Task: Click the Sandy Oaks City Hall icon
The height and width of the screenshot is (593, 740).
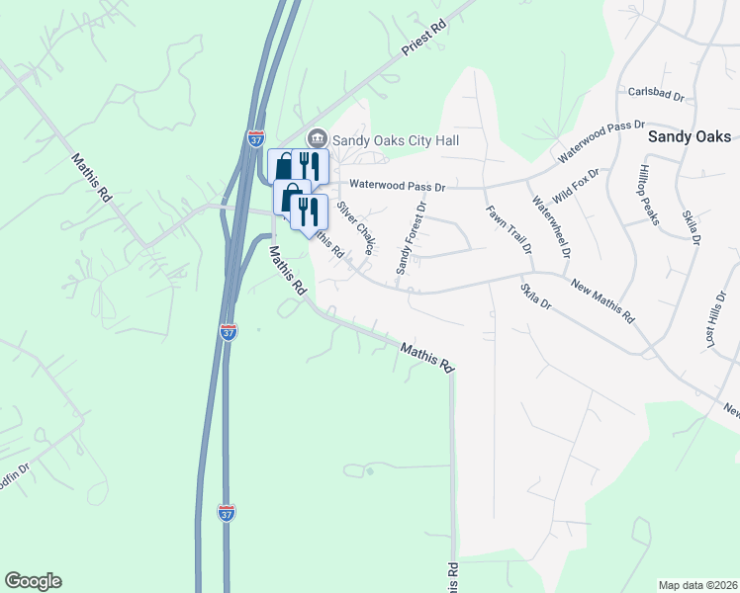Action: [317, 138]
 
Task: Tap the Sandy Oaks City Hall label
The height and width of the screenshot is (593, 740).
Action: [396, 140]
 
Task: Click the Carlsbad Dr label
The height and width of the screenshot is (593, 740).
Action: [656, 93]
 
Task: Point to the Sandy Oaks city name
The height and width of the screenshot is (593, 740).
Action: [689, 137]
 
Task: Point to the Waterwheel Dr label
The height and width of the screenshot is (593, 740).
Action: [551, 227]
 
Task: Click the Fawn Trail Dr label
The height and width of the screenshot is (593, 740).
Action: [509, 229]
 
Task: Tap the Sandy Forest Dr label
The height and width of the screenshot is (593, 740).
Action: [409, 238]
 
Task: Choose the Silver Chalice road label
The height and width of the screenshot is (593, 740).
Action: [354, 228]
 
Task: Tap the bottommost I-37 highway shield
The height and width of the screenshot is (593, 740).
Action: [226, 513]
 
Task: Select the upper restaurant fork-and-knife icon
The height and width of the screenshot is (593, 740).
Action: [310, 165]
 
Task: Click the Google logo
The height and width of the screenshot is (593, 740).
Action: [33, 581]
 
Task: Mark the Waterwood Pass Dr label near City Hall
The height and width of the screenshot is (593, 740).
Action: [401, 185]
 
